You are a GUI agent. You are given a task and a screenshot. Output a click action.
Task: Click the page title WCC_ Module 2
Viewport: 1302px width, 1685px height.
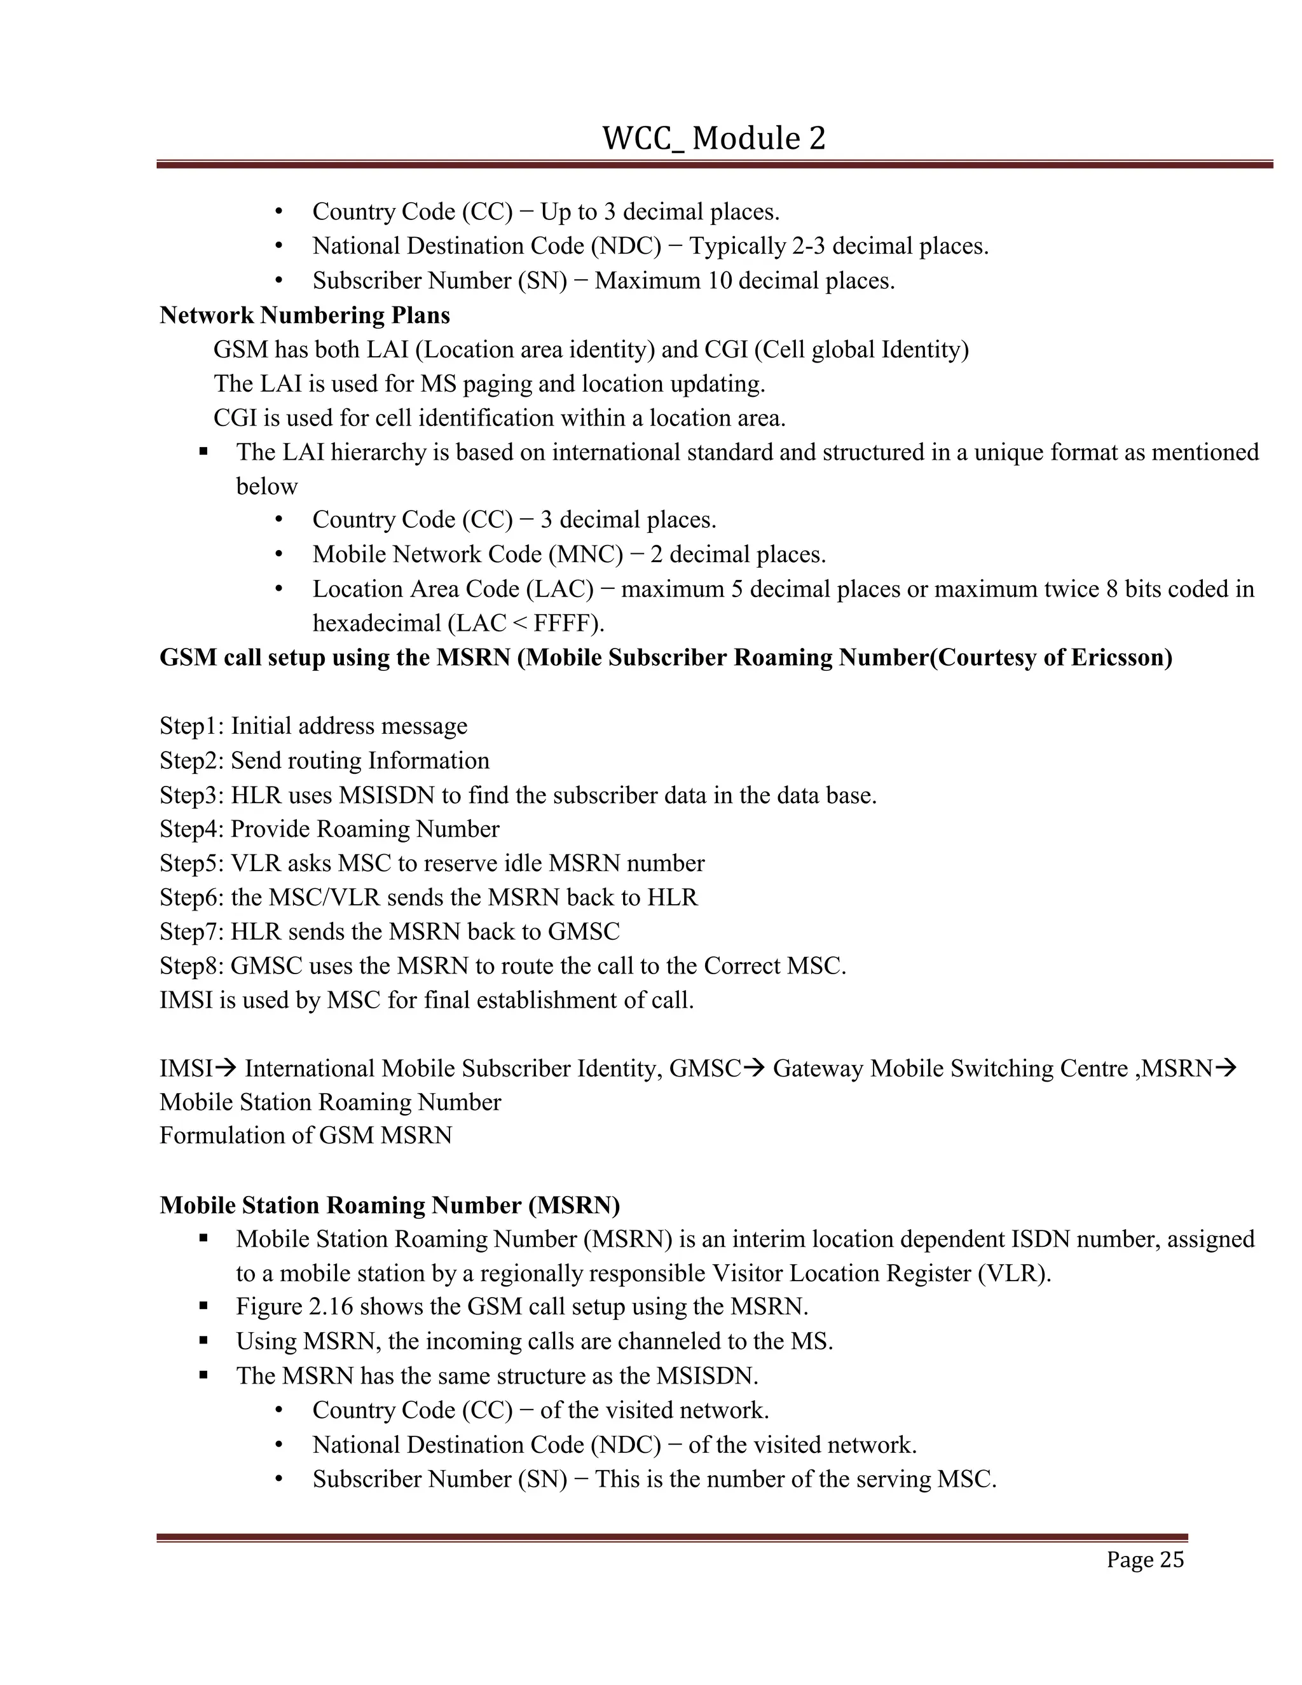(713, 139)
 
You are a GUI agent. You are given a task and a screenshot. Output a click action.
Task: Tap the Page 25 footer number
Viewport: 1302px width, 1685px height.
(1144, 1560)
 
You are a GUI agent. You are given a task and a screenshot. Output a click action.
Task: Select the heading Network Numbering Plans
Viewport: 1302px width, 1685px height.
(305, 315)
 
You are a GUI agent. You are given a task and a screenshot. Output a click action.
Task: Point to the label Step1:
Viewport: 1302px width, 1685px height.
(192, 726)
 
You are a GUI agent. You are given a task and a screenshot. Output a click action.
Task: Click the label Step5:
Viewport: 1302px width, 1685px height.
(192, 863)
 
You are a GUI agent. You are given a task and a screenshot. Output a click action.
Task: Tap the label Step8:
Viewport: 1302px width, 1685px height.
(192, 966)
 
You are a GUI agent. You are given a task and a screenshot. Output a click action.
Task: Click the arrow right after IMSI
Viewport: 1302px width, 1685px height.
(225, 1069)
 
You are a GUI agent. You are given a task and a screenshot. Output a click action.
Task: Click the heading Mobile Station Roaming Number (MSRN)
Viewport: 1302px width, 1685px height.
(390, 1205)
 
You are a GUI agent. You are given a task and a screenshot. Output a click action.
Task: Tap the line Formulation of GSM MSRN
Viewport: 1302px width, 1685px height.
(305, 1136)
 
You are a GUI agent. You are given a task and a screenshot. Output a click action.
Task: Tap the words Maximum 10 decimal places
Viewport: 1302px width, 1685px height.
(744, 281)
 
